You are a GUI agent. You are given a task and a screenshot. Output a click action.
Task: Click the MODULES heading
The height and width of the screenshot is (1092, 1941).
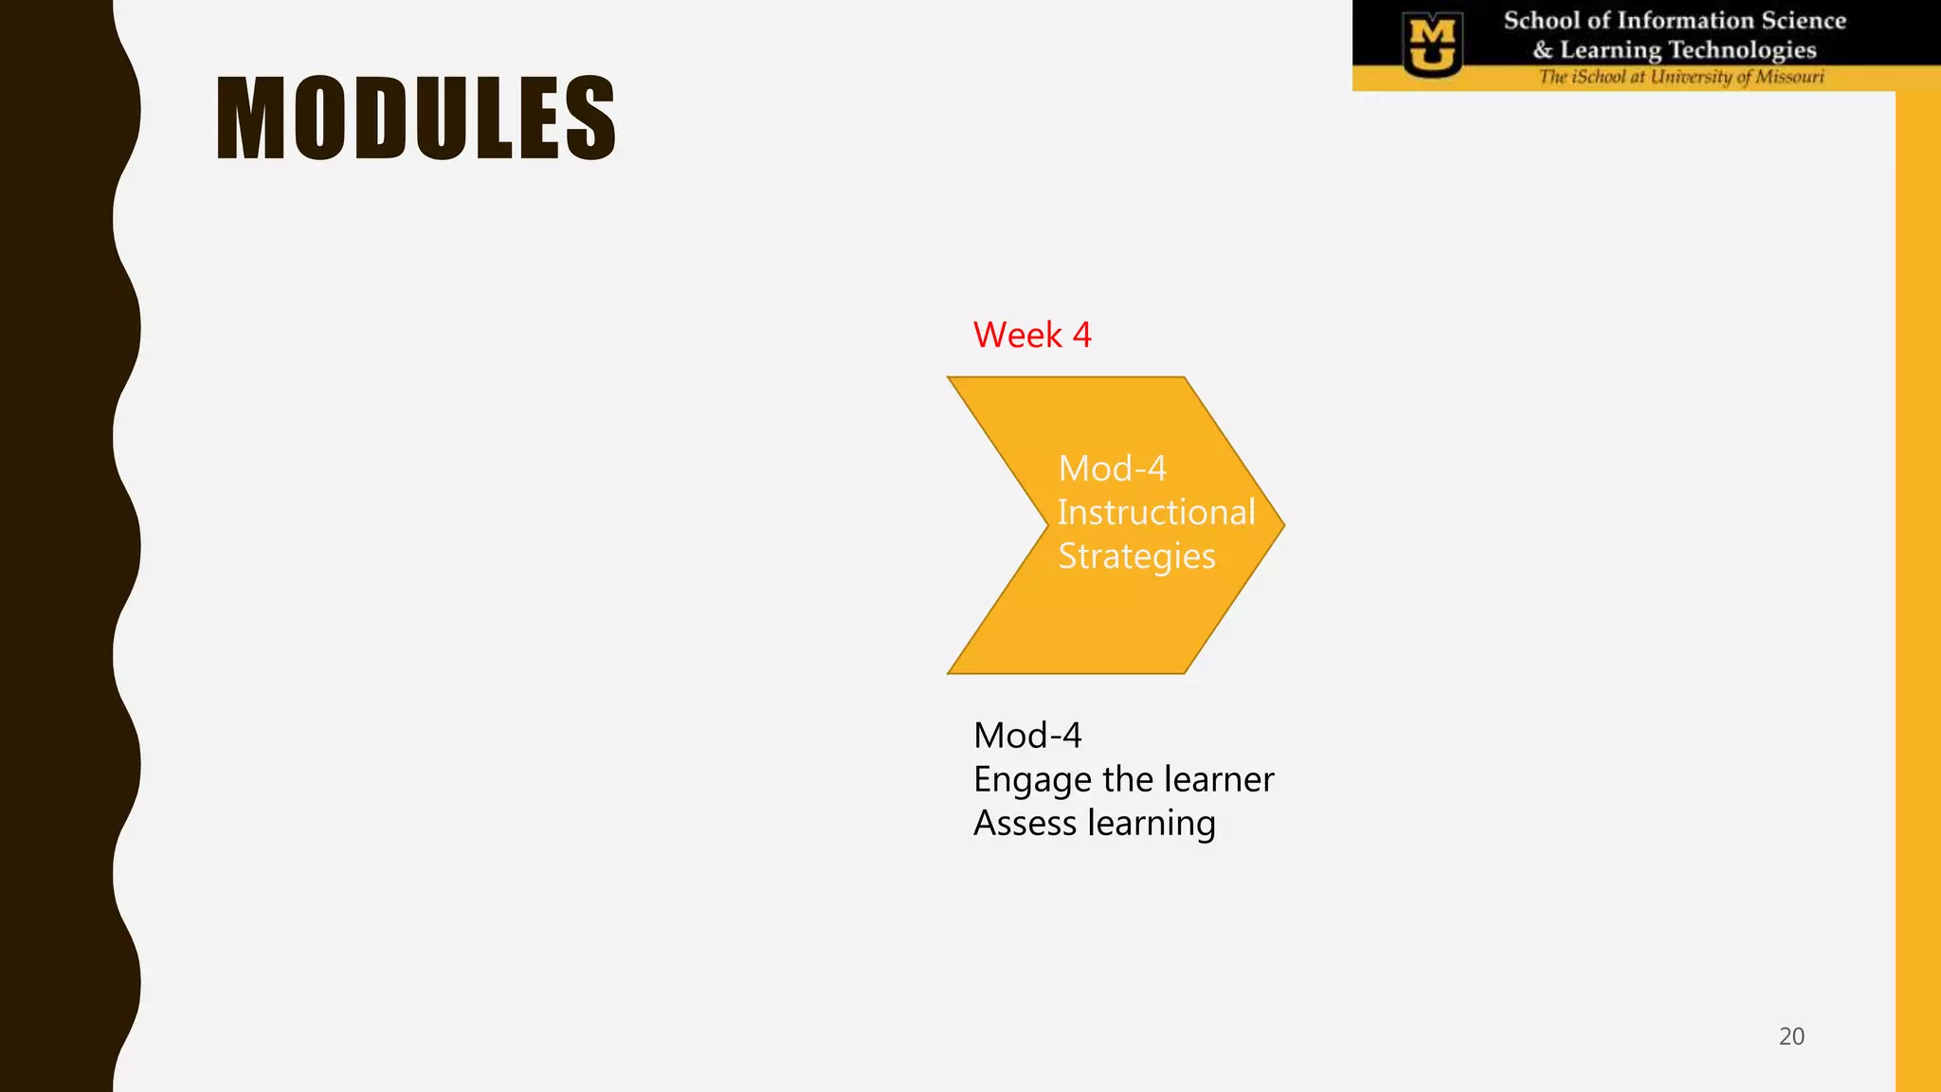coord(416,118)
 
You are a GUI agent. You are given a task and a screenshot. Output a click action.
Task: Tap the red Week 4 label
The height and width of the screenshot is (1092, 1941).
coord(1031,335)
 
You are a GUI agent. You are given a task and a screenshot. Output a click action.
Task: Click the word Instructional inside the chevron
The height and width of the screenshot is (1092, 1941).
coord(1155,512)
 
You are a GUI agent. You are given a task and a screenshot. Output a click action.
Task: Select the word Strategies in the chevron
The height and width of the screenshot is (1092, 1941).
coord(1135,556)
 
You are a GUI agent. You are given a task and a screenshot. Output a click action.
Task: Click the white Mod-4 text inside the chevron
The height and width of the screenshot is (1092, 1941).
coord(1112,468)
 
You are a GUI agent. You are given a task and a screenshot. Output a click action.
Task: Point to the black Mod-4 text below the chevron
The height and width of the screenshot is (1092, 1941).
coord(1026,736)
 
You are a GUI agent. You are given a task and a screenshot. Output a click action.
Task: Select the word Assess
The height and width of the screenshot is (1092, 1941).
coord(1025,823)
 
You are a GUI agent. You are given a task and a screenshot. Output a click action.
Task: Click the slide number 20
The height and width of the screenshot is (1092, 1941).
coord(1790,1036)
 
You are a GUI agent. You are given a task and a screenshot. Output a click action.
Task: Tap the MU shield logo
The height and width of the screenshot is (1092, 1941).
coord(1432,45)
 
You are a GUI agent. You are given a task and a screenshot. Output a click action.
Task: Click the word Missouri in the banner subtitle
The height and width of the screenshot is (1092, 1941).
coord(1789,77)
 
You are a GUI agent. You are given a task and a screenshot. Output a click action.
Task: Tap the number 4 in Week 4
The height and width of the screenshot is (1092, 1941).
coord(1081,335)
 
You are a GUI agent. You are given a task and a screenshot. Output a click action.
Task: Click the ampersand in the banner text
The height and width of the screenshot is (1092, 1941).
coord(1543,50)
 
